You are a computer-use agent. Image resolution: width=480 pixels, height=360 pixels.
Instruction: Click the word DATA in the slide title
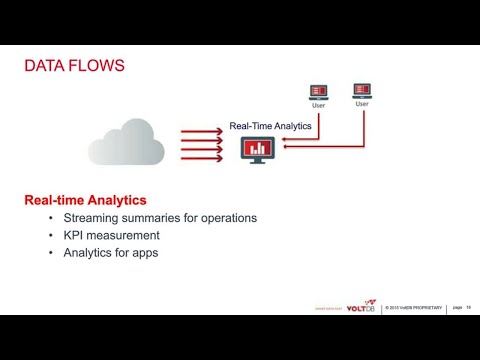point(43,68)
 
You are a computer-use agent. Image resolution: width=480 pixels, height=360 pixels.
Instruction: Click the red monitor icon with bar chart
point(259,150)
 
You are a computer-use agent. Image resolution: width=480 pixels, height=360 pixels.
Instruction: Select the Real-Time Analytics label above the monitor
point(270,126)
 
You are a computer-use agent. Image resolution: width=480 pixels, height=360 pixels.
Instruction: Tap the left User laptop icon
point(319,93)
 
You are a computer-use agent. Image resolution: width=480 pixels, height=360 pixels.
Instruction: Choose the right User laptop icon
point(362,90)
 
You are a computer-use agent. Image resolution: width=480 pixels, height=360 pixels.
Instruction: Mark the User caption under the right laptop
point(362,104)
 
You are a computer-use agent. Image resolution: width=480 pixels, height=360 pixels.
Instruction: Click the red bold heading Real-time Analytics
point(85,201)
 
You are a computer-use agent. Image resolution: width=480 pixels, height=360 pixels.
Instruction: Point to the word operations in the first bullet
point(224,218)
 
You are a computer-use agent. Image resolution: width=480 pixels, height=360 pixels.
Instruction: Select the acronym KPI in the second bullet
point(75,235)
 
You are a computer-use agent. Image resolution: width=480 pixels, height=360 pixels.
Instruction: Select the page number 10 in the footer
point(468,306)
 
